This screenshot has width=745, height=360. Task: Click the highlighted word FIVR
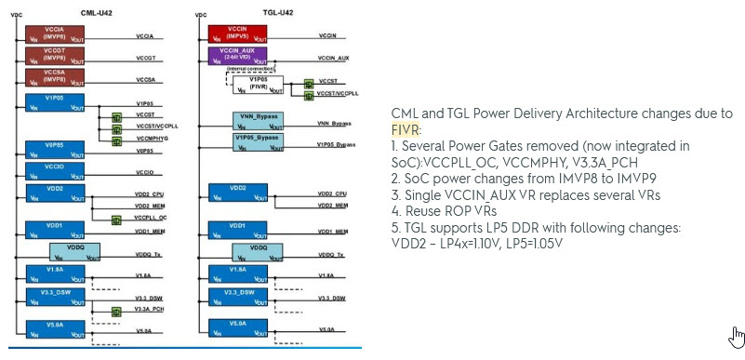(406, 129)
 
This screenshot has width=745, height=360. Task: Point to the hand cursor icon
(737, 335)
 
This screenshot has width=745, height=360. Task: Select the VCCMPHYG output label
(154, 138)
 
